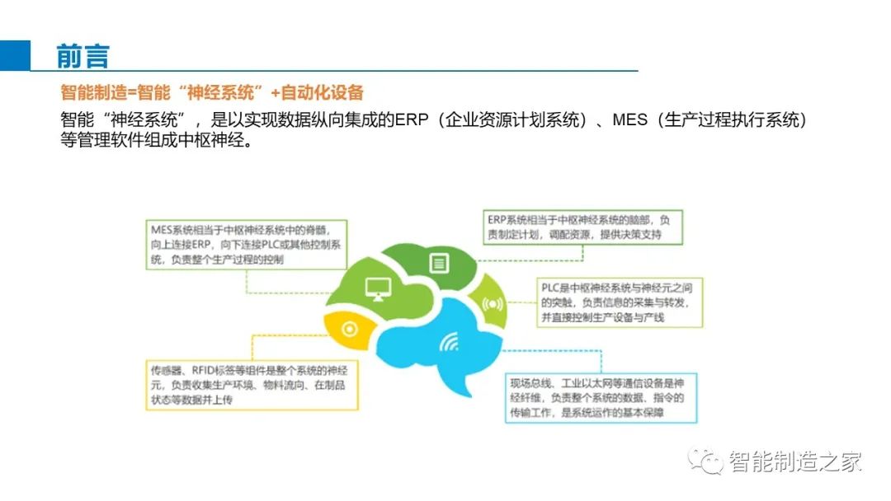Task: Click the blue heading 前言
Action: [x=82, y=56]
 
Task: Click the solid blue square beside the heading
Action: [x=15, y=55]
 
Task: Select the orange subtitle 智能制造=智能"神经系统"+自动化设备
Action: [x=211, y=92]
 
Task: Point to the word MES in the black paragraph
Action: [x=629, y=119]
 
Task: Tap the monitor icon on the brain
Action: [x=378, y=288]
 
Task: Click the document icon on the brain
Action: [x=439, y=263]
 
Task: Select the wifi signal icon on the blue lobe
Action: [x=449, y=342]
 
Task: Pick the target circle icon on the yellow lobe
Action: [x=349, y=329]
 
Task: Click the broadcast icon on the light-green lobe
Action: [x=492, y=304]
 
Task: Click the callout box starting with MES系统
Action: [x=246, y=245]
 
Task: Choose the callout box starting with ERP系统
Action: [x=583, y=227]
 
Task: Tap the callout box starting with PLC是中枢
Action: [x=620, y=302]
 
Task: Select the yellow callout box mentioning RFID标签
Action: [x=252, y=385]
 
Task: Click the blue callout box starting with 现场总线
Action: [x=601, y=398]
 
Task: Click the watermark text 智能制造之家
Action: [x=795, y=461]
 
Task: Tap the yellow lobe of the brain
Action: [x=348, y=329]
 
